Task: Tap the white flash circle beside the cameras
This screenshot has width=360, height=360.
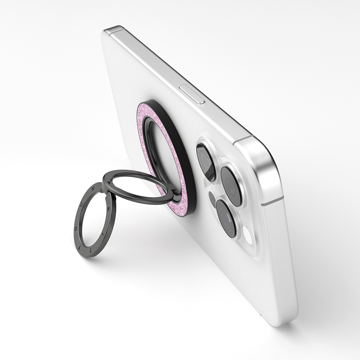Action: pos(247,233)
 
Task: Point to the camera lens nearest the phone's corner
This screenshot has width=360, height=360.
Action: pos(231,186)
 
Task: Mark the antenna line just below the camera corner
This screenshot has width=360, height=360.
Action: pos(273,202)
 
